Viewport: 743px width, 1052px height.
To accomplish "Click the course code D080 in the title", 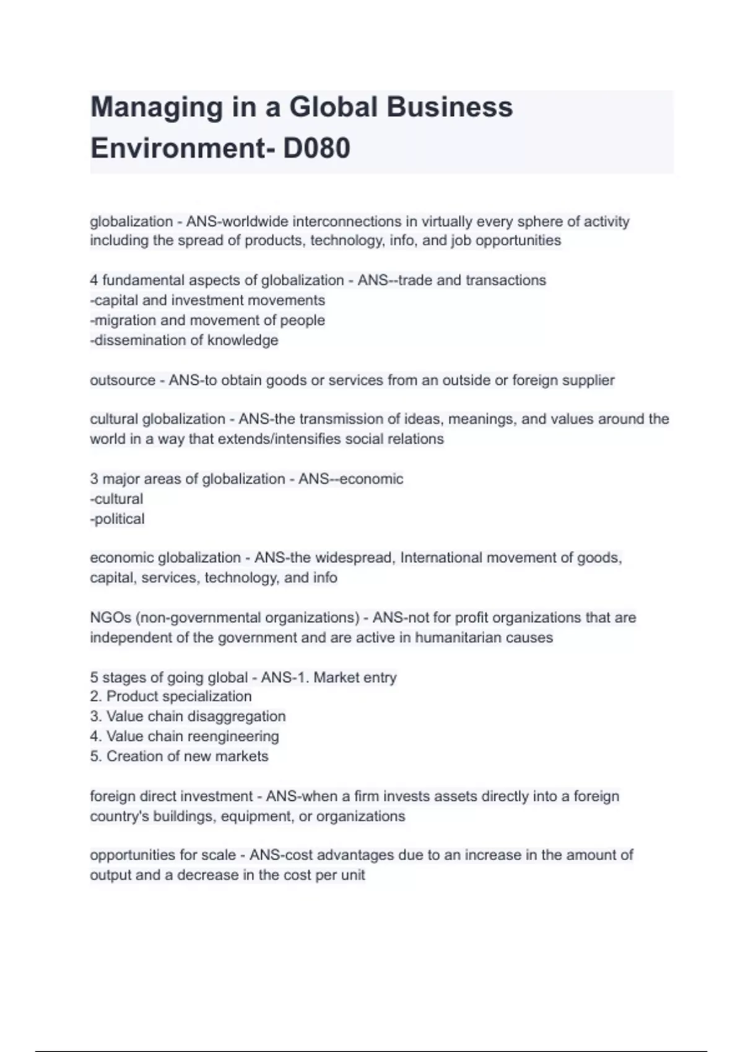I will [x=316, y=149].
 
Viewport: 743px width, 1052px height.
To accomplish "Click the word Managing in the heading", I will [x=157, y=107].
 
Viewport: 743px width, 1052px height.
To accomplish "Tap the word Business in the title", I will [x=450, y=107].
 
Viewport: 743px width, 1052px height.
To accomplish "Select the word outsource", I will [x=123, y=380].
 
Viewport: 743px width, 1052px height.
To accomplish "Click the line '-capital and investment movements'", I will [x=207, y=300].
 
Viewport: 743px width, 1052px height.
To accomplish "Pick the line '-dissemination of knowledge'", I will [x=184, y=340].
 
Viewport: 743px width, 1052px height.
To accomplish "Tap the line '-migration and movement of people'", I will [x=207, y=320].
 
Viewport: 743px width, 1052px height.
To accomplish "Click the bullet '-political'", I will [x=117, y=519].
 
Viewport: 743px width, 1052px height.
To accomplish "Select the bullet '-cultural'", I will [x=116, y=499].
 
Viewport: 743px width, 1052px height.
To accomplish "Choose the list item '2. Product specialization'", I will [x=171, y=696].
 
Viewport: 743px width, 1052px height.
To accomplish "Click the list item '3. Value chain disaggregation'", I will [x=188, y=716].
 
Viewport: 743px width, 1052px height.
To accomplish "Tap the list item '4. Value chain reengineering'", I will [x=185, y=736].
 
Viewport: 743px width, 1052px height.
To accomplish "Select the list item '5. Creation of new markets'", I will [x=179, y=756].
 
